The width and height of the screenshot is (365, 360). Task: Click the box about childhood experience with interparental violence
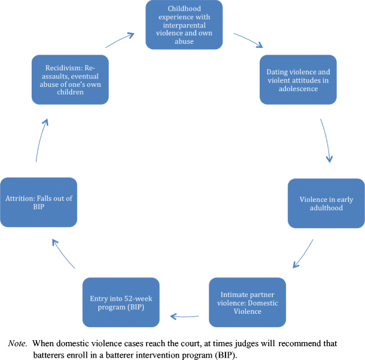pos(184,25)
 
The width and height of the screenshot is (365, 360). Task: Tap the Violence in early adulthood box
pos(326,202)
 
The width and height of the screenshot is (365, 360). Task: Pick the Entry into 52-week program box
pos(120,302)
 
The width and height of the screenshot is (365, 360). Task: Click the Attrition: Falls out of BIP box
pos(39,202)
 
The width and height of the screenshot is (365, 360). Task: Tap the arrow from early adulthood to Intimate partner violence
pos(304,254)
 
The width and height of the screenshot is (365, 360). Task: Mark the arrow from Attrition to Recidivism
pos(40,140)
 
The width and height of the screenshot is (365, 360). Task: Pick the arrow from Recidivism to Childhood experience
pos(120,40)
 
